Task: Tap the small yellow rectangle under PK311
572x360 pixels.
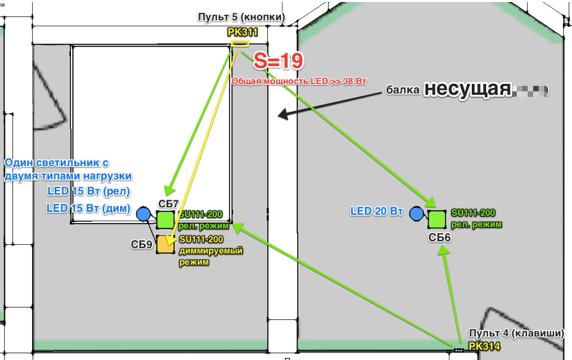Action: click(240, 44)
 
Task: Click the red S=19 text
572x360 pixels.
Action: click(278, 61)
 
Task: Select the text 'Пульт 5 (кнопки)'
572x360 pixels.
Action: click(241, 16)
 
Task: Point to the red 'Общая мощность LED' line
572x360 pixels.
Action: click(299, 80)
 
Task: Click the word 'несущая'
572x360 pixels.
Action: click(467, 89)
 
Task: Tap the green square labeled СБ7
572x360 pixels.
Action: click(166, 220)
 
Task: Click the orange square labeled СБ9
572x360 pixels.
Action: click(166, 244)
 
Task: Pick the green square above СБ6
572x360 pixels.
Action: click(437, 219)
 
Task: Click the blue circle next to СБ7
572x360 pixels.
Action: click(142, 214)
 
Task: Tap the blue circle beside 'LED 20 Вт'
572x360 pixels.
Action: click(417, 214)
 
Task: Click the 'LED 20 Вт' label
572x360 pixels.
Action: click(378, 212)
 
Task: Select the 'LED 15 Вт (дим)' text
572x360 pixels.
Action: click(89, 208)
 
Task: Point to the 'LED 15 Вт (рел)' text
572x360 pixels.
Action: click(89, 192)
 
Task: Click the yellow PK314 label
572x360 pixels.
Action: click(484, 347)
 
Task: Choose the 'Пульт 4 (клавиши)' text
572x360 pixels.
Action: click(517, 333)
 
